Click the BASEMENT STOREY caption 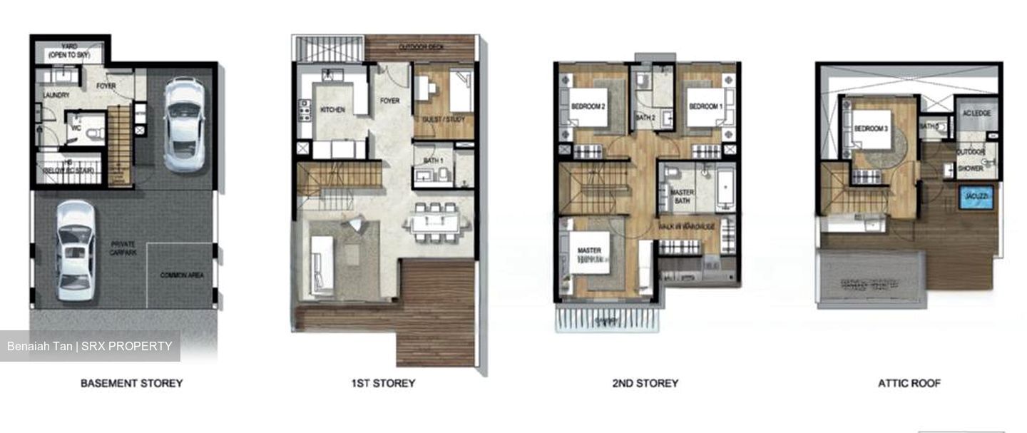click(x=131, y=383)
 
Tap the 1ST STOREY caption click(x=383, y=383)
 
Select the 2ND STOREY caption click(x=645, y=383)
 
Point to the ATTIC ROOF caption click(x=909, y=383)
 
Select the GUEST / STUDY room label click(x=443, y=119)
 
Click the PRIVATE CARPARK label click(x=123, y=248)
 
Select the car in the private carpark click(x=74, y=250)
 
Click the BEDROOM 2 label click(x=588, y=107)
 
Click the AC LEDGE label click(x=976, y=113)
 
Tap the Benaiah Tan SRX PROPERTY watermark click(x=90, y=347)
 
